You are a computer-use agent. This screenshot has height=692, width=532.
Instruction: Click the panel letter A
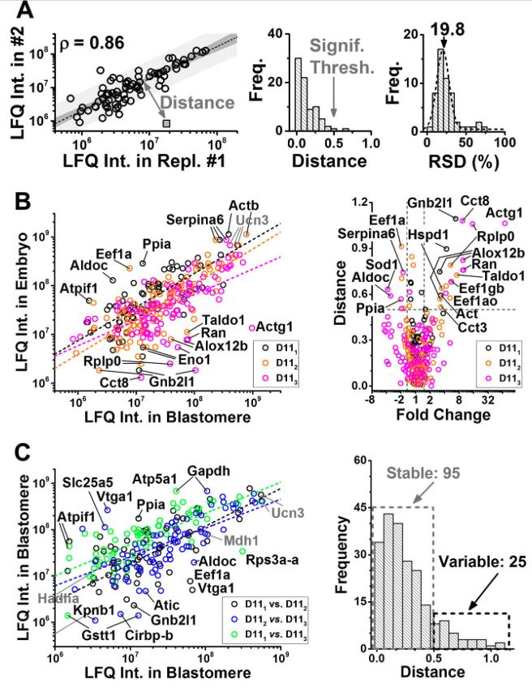(21, 11)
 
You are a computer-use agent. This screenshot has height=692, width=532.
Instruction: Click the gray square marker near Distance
(165, 123)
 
